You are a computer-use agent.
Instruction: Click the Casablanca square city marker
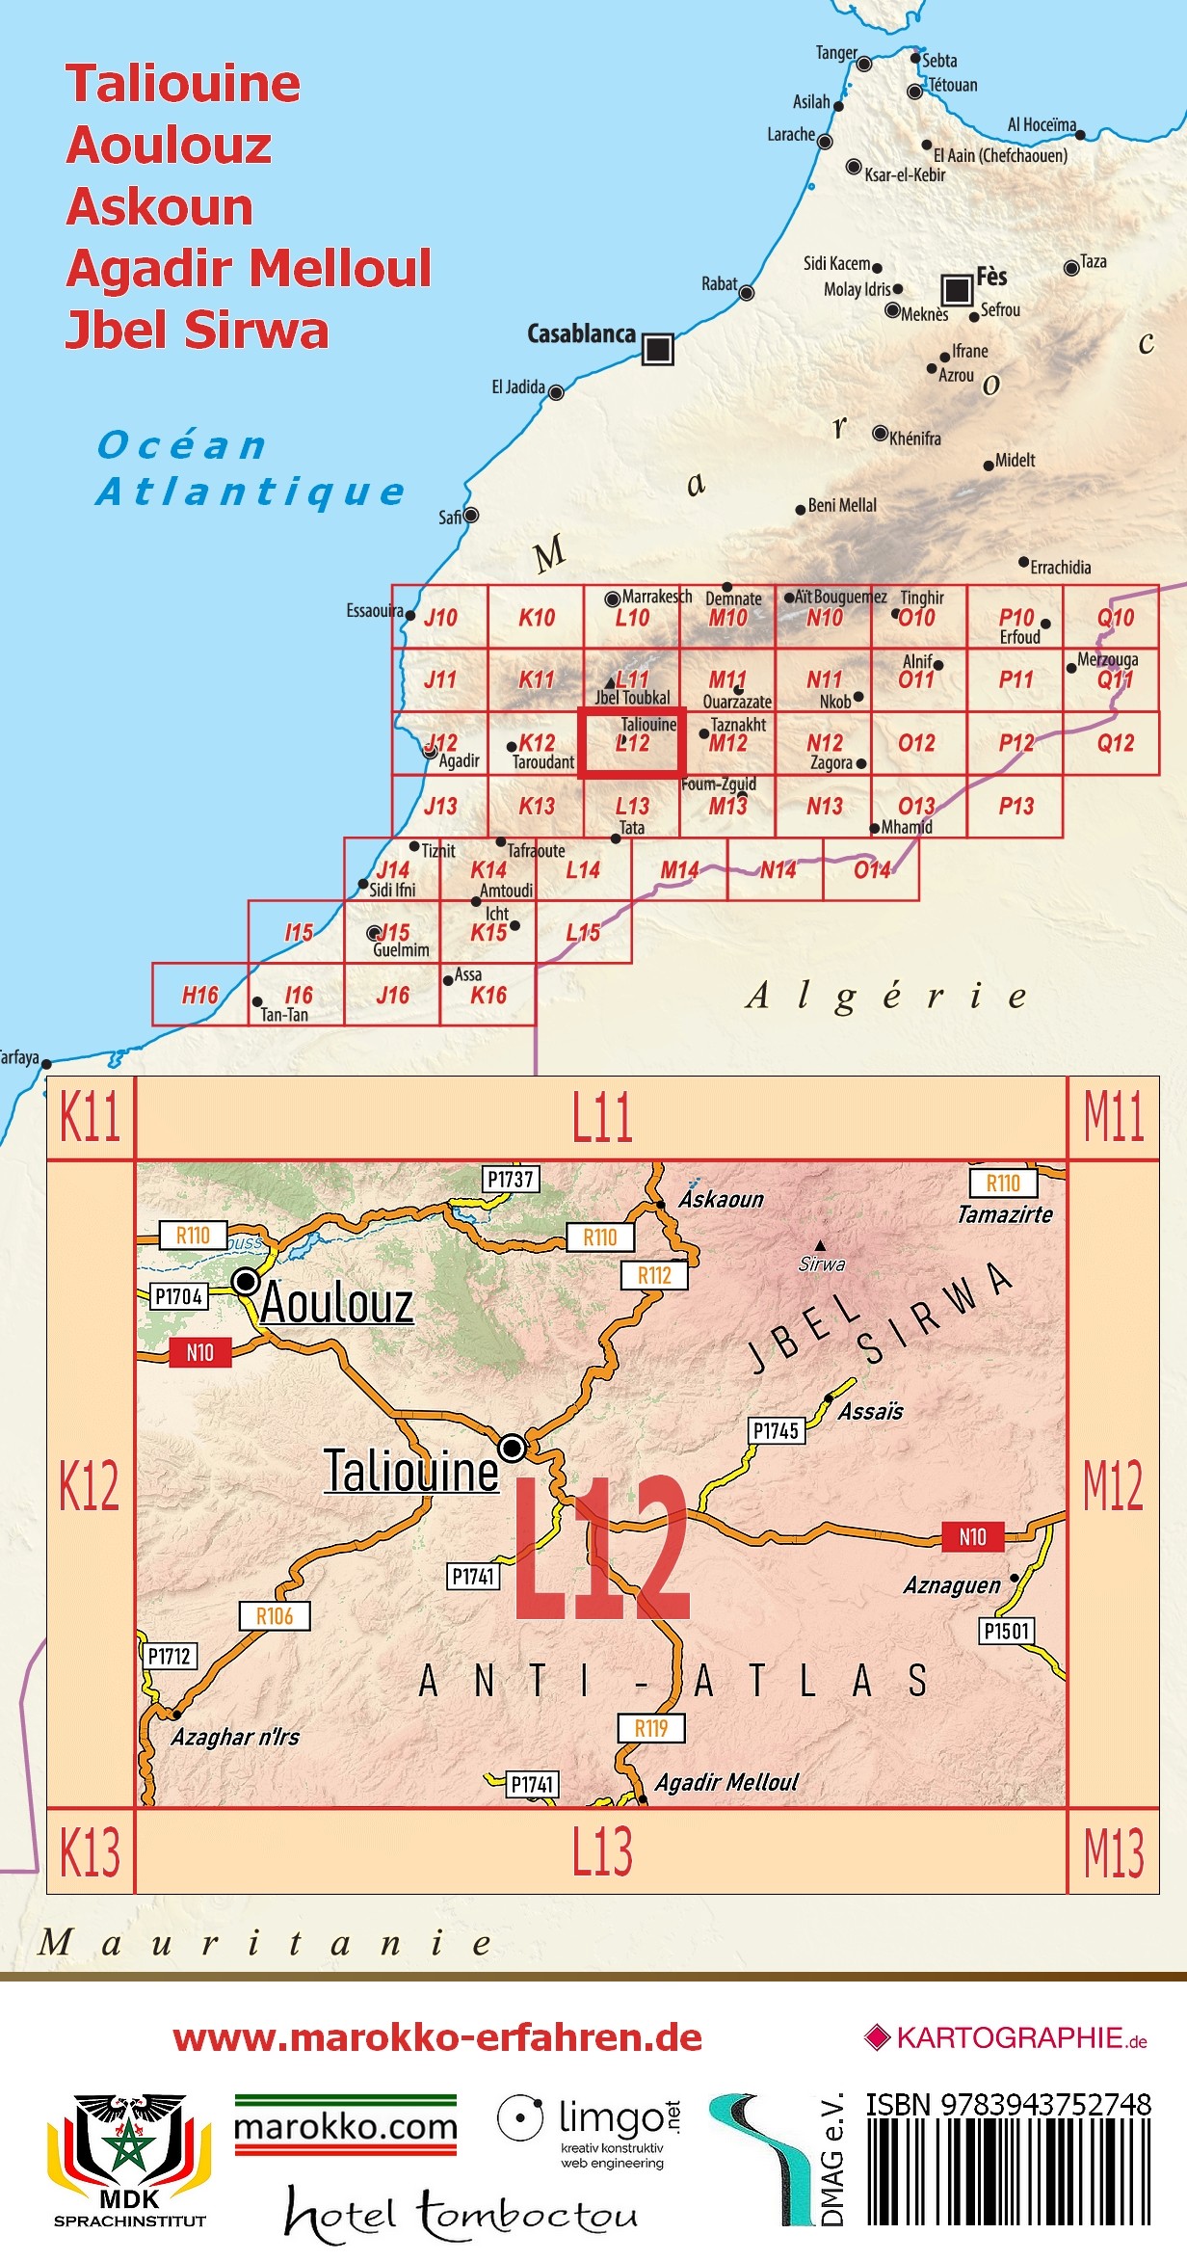(x=657, y=348)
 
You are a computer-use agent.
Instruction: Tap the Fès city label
(x=991, y=277)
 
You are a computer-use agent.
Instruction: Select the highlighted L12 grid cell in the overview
(x=631, y=741)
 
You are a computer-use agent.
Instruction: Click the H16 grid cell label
(x=200, y=995)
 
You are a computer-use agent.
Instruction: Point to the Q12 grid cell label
(x=1115, y=743)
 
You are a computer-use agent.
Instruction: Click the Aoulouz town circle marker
(x=246, y=1281)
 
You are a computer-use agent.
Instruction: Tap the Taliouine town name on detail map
(x=410, y=1471)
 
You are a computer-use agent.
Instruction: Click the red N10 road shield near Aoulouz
(x=199, y=1352)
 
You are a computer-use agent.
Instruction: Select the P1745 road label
(x=776, y=1430)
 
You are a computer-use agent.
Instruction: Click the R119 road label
(x=650, y=1728)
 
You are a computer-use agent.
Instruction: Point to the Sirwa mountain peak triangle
(x=820, y=1245)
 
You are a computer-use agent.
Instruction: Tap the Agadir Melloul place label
(x=726, y=1782)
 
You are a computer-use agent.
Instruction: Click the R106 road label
(x=275, y=1616)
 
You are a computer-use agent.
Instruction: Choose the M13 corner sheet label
(x=1113, y=1852)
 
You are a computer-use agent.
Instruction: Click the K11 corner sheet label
(x=90, y=1118)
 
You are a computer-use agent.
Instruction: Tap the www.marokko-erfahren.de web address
(x=437, y=2037)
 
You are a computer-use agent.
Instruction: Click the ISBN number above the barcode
(x=1008, y=2104)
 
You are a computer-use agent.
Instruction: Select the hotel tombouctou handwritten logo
(x=461, y=2214)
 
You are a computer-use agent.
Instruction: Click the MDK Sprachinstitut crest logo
(x=129, y=2160)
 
